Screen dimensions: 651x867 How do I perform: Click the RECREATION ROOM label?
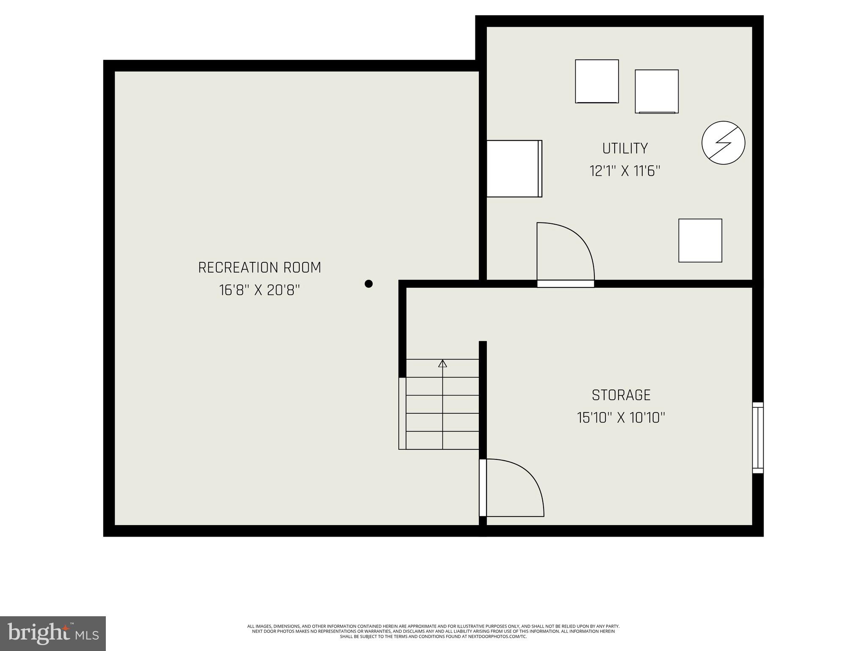tap(260, 268)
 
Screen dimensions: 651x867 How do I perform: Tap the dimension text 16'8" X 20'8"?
tap(260, 290)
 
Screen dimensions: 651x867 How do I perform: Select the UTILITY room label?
tap(625, 148)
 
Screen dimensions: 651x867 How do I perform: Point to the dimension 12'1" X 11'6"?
tap(625, 171)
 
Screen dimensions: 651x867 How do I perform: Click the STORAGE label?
tap(621, 395)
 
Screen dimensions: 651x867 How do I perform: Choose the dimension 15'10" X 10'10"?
tap(621, 418)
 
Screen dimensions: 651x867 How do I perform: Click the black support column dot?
tap(369, 284)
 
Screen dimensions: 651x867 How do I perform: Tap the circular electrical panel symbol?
tap(723, 143)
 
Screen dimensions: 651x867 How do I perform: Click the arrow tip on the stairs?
tap(442, 363)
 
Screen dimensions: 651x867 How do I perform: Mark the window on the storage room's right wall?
tap(758, 437)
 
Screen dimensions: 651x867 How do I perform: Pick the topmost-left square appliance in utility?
tap(596, 81)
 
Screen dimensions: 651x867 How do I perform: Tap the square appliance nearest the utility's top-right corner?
tap(657, 92)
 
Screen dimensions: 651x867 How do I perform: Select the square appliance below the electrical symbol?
tap(700, 240)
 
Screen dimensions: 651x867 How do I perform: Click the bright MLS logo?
tap(53, 633)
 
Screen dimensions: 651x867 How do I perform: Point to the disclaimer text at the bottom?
tap(433, 631)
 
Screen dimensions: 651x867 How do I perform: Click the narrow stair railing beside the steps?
tap(402, 413)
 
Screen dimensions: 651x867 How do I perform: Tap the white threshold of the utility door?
tap(566, 284)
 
